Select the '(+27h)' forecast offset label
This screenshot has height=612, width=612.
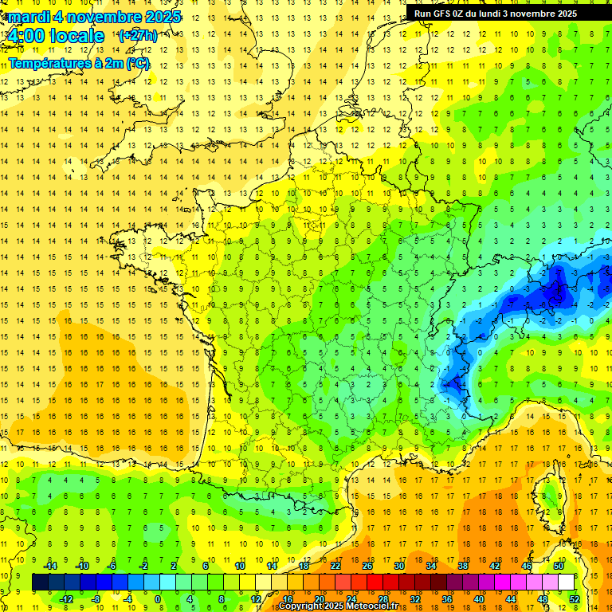coord(138,36)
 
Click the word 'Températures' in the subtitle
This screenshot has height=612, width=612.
coord(48,62)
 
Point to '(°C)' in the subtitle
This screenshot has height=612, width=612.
coord(136,62)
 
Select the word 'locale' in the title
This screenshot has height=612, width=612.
coord(76,36)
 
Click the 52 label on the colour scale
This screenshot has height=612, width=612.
coord(575,598)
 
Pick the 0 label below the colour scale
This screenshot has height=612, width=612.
coord(157,598)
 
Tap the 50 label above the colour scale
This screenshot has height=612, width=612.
coord(559,566)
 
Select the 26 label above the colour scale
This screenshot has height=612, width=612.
coord(367,566)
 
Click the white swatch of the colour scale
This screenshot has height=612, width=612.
coord(567,582)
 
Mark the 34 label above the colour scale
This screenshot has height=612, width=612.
coord(431,566)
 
